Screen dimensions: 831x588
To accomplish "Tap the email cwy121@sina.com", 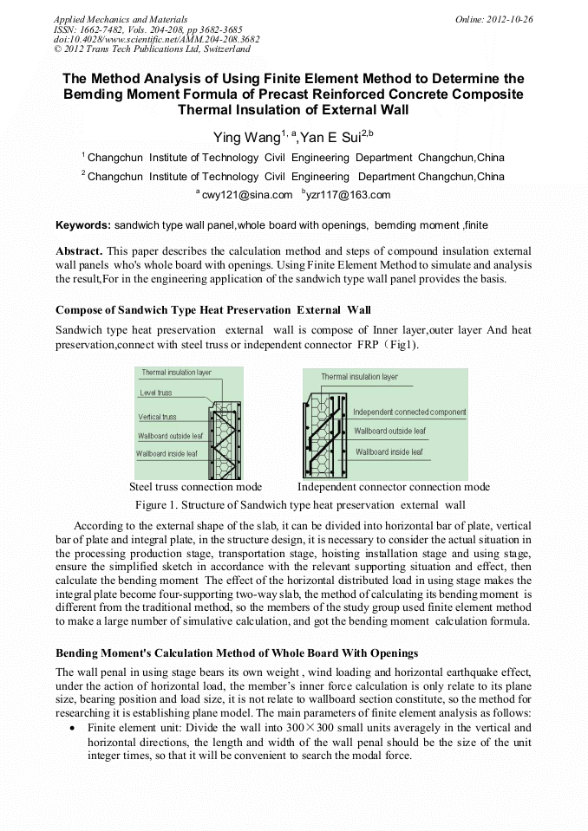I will (247, 195).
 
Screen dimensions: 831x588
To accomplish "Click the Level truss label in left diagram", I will (156, 393).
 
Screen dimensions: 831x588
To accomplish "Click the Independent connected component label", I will (409, 412).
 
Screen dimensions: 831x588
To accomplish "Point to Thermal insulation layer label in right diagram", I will (359, 377).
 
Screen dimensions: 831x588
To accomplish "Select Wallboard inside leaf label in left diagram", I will (167, 453).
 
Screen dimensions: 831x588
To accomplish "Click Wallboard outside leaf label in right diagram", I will (389, 431).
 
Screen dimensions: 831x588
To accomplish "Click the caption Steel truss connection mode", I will (195, 487).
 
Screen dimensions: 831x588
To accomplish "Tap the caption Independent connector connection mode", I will (393, 487).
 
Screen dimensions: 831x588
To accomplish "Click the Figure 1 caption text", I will (300, 504).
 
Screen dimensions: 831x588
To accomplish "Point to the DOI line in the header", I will (156, 39).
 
